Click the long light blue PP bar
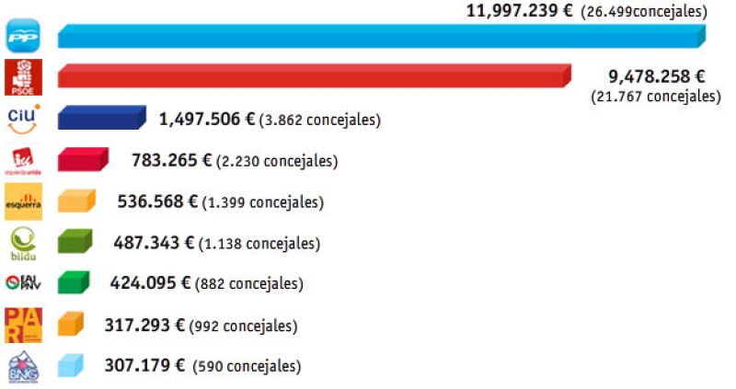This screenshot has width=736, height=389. point(381,37)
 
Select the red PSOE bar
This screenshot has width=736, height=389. point(313,76)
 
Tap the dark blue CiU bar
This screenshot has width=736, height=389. point(101,119)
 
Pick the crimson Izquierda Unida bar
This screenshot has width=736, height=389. point(83,160)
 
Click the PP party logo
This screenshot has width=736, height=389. point(22,37)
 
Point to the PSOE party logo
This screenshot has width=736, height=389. point(22,77)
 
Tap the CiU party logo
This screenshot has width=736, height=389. point(22,119)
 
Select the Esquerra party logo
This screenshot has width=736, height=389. point(22,201)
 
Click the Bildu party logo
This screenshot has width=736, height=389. point(22,243)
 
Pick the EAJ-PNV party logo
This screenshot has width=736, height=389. point(22,283)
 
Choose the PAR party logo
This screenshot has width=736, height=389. point(22,324)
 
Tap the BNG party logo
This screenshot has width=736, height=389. point(22,365)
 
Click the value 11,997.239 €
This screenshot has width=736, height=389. point(520,11)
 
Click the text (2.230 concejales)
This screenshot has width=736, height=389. point(277,161)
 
